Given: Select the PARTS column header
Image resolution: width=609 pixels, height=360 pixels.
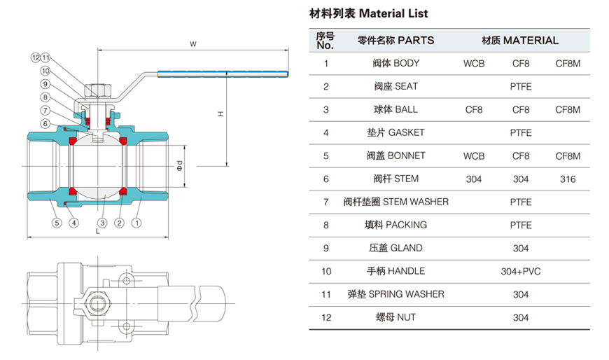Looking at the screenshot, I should coord(395,41).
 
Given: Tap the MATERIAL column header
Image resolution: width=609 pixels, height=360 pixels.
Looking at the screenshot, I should coord(520,41).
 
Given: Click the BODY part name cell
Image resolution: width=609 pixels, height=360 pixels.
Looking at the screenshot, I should coord(396,64).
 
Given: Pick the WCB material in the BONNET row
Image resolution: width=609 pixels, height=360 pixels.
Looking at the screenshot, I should coord(474,156).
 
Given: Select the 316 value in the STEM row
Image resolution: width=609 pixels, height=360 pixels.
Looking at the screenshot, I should coord(568,179).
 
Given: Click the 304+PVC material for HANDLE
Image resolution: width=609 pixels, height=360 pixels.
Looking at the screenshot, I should coord(521,272).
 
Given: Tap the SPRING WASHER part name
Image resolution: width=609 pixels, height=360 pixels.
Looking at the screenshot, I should coord(396,294).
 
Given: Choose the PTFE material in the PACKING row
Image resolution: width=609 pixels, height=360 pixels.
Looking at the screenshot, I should coord(521,226).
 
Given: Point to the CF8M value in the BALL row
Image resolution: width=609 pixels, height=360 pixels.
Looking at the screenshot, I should coord(568,110).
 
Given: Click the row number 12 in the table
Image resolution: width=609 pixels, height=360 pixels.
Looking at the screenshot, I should coord(325,317).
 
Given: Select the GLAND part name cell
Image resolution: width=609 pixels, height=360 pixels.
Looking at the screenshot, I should coord(396,249).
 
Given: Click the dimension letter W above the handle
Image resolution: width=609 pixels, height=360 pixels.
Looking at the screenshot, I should coord(192,44).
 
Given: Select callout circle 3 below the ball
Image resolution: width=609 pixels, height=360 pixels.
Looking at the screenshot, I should coord(102,223).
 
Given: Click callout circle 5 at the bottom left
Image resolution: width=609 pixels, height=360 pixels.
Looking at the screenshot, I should coord(55,223).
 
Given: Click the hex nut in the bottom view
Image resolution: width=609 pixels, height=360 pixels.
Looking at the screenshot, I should coord(99,303).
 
